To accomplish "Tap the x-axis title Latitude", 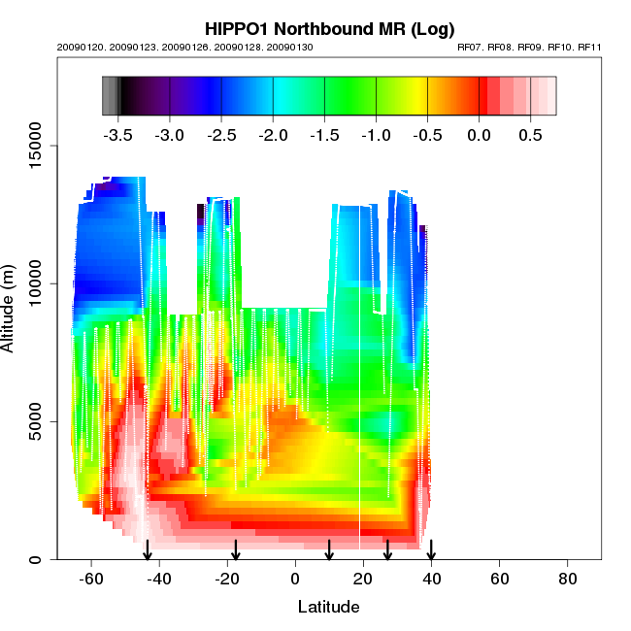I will tap(328, 607).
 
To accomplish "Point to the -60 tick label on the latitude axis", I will tap(91, 579).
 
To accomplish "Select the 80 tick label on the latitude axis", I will tap(568, 579).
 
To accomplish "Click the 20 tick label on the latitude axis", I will tap(363, 579).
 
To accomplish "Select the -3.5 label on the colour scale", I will tap(118, 135).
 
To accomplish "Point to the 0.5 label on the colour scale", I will tap(529, 135).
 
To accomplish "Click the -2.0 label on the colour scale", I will tap(273, 135).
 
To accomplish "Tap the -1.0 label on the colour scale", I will tap(376, 135).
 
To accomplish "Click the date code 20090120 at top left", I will tap(76, 47).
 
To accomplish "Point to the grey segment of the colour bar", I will tap(110, 96).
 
